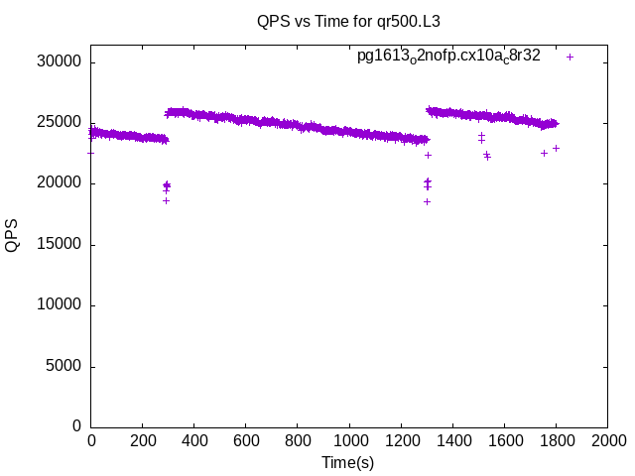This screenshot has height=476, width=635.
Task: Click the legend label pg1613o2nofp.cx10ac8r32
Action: tap(448, 57)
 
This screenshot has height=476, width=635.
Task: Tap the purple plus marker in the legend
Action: tap(570, 57)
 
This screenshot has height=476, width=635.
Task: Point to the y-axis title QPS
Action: tap(13, 235)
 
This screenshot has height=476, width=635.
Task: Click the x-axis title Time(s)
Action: tap(347, 462)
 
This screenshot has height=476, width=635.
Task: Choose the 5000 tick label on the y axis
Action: tap(63, 366)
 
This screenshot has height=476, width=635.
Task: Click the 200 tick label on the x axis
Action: tap(143, 439)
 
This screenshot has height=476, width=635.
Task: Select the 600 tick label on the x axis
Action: tap(246, 439)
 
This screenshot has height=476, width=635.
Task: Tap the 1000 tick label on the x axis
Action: tap(349, 439)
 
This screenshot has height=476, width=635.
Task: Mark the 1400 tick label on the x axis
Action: tap(452, 439)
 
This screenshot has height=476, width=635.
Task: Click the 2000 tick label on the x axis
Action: tap(607, 439)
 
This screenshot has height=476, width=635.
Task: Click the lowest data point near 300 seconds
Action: tap(167, 200)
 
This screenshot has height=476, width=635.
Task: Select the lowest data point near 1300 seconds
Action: tap(427, 201)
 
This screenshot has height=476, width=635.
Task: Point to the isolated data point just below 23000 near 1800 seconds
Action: tap(556, 148)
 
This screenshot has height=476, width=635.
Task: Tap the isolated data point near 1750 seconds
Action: tap(544, 153)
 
